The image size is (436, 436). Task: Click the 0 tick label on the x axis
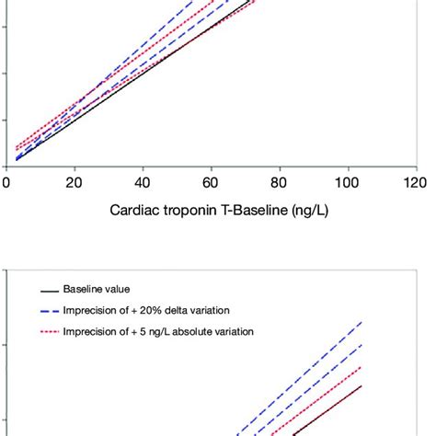7,184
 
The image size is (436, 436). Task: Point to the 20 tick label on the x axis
75,184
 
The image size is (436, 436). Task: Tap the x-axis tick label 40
143,184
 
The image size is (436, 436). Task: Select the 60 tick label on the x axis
211,184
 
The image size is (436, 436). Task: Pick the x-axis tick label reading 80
279,184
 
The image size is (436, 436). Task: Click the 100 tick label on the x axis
347,184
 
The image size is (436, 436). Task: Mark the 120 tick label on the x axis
414,184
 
